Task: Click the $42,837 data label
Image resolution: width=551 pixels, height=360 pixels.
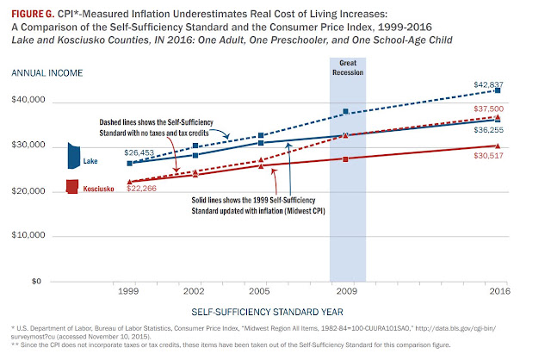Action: point(488,84)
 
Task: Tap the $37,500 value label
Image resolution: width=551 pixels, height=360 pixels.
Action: point(488,109)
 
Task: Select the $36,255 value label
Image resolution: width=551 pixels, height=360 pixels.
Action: point(488,130)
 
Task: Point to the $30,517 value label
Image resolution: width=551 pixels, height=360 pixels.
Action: point(488,155)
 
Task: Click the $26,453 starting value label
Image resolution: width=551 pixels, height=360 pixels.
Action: point(139,152)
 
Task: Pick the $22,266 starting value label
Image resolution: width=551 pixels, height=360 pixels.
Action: point(141,189)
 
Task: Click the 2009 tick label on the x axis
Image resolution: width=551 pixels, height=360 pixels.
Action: point(347,291)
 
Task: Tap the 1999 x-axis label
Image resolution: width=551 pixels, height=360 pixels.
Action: point(128,291)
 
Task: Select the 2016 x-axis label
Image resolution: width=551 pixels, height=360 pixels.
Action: point(500,291)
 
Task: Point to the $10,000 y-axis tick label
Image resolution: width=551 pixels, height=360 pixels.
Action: point(28,235)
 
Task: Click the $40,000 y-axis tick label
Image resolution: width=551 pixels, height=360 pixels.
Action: point(28,100)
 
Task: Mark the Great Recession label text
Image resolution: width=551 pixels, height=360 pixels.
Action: point(348,67)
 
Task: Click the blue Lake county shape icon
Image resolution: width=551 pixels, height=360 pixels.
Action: point(73,156)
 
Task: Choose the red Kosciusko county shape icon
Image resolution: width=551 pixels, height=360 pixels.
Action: point(72,186)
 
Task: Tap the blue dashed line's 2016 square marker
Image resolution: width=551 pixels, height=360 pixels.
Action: point(498,90)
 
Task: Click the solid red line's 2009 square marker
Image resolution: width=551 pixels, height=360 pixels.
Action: point(345,159)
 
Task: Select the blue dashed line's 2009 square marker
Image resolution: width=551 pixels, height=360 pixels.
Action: point(346,111)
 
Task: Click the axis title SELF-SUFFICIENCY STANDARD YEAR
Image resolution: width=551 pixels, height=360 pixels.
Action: point(267,312)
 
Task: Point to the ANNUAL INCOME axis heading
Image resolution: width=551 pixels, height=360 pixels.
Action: point(47,73)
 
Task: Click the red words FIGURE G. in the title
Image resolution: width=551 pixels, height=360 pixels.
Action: point(33,14)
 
